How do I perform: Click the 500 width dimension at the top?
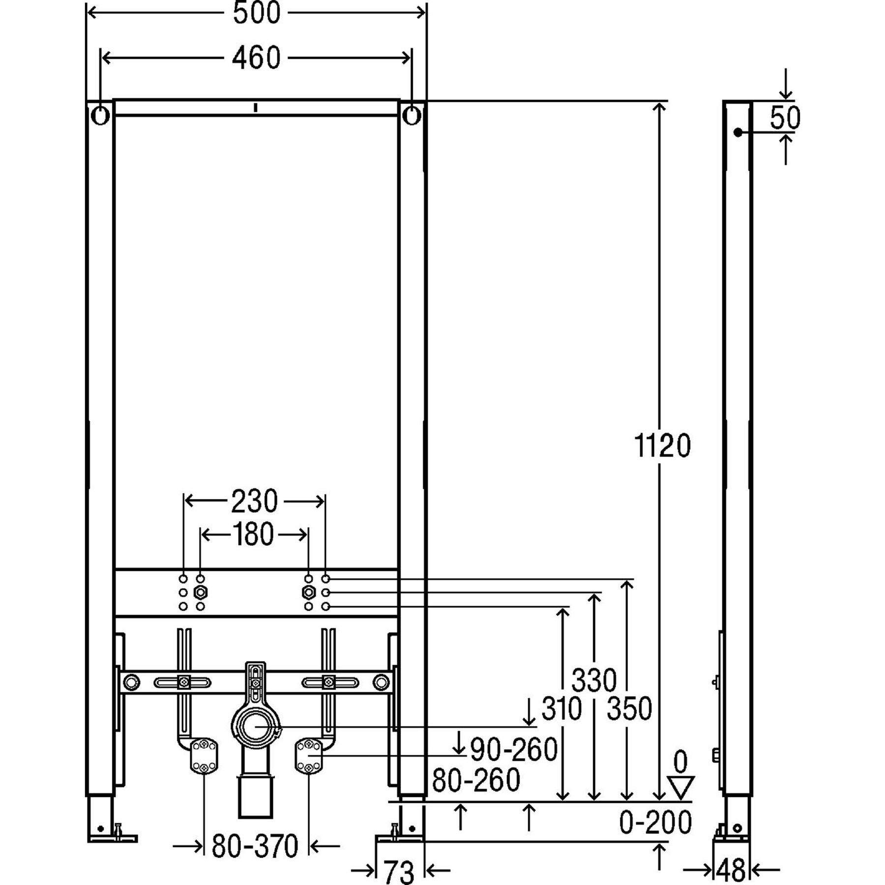[x=256, y=13]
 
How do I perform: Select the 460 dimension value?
[x=256, y=58]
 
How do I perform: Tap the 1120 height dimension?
[x=662, y=446]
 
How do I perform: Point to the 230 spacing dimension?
[x=254, y=501]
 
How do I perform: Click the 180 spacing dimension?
[x=253, y=534]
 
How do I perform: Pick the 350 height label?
[x=629, y=708]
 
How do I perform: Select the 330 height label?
[x=594, y=680]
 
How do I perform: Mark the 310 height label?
[x=561, y=708]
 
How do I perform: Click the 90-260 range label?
[x=514, y=749]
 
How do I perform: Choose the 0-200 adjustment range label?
[x=655, y=822]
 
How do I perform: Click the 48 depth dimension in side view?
[x=731, y=871]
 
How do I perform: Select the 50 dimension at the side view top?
[x=785, y=118]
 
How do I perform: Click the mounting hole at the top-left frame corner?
[x=100, y=116]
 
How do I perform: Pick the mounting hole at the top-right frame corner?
[x=412, y=116]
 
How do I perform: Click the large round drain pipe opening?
[x=255, y=726]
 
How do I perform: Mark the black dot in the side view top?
[x=737, y=132]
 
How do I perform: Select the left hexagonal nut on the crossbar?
[x=200, y=592]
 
